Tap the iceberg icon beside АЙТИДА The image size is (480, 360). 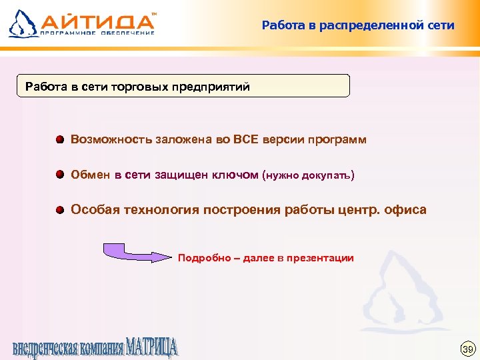click(x=23, y=23)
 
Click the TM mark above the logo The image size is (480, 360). click(x=155, y=13)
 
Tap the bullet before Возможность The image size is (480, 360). click(x=60, y=140)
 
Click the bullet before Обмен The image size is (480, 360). click(x=60, y=175)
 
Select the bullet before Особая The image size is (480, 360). click(x=60, y=210)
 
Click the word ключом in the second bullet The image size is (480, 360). click(x=235, y=175)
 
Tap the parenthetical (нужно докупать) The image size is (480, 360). click(x=309, y=175)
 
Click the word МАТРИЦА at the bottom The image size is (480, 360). click(x=152, y=347)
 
